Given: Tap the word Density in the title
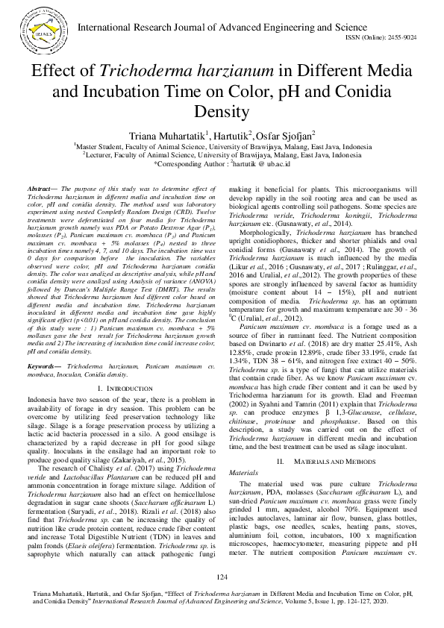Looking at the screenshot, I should pos(222,113).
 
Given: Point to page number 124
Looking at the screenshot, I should pos(222,577).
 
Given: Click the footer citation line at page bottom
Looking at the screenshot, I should pos(222,599).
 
